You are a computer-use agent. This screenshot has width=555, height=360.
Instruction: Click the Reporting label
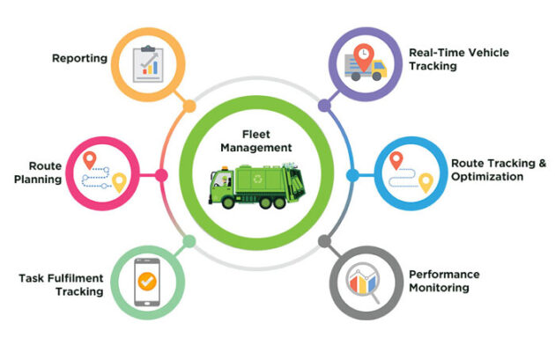tap(79, 59)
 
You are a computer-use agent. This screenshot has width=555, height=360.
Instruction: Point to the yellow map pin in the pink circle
tap(119, 182)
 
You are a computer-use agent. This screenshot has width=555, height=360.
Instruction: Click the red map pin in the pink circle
tap(89, 161)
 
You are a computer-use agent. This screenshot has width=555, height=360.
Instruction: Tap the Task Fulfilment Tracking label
tap(61, 284)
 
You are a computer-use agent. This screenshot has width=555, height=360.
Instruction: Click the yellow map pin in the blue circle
tap(426, 182)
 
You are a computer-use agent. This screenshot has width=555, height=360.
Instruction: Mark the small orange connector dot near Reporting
tap(189, 107)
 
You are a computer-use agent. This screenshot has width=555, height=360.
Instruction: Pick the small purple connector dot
tap(323, 106)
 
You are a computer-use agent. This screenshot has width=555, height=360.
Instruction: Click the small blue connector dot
tap(351, 174)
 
